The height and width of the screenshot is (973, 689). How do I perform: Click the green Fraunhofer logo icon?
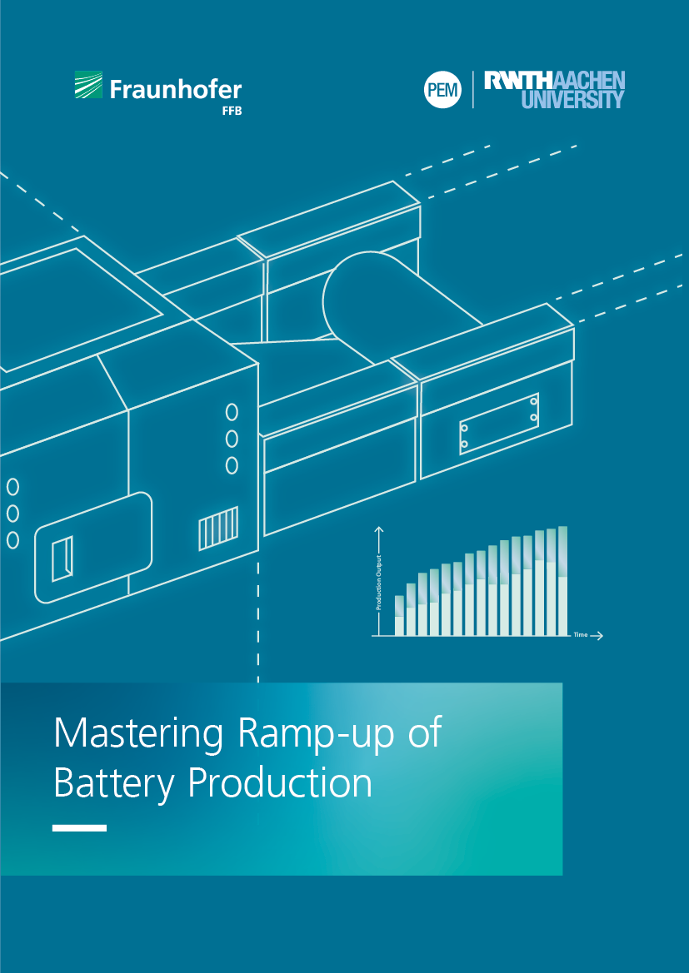[x=89, y=84]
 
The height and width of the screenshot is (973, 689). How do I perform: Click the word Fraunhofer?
[x=176, y=89]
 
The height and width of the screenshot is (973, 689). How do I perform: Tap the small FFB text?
[x=231, y=112]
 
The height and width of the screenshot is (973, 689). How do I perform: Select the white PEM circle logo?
[x=442, y=90]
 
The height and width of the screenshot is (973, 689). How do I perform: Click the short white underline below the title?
[x=79, y=828]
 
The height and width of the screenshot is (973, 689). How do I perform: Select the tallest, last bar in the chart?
[x=562, y=581]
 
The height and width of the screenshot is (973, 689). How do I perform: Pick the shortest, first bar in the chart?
[x=399, y=616]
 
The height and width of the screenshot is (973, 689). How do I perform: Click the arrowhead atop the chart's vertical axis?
[x=380, y=529]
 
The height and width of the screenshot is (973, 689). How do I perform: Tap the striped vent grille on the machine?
[x=218, y=528]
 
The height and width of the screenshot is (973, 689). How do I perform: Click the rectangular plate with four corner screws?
[x=499, y=423]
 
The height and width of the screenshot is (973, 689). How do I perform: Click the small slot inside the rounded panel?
[x=62, y=558]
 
